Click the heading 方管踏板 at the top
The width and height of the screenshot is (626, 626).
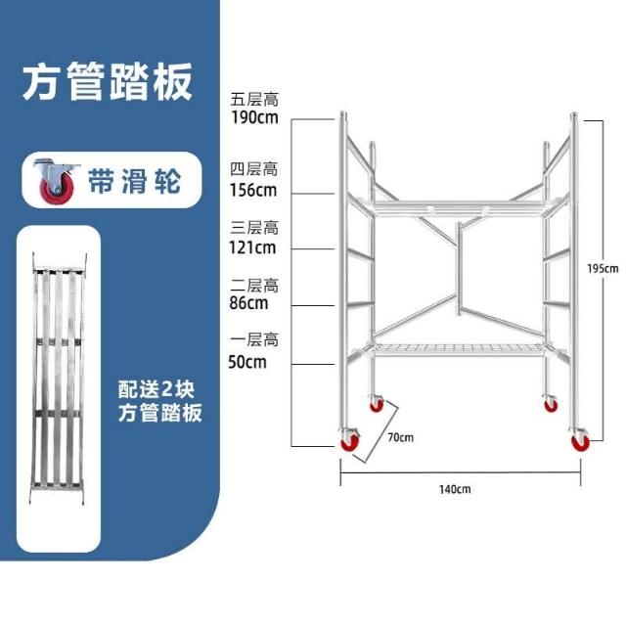coord(107,82)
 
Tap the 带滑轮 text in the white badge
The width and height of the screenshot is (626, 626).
coord(134,180)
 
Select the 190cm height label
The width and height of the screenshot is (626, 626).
coord(254,117)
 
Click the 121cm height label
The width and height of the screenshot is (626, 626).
coord(252,246)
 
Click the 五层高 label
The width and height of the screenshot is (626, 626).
coord(254,99)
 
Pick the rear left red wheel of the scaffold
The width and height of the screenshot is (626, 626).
coord(376,403)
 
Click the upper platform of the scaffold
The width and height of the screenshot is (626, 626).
coord(460,205)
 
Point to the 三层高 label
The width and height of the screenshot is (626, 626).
coord(254,227)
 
